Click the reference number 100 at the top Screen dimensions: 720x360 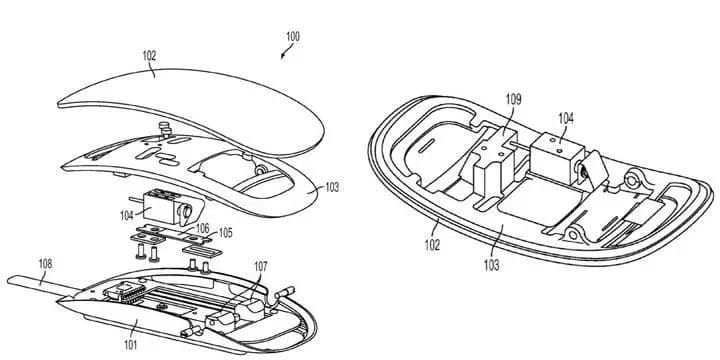click(292, 36)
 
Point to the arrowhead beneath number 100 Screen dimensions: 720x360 click(283, 56)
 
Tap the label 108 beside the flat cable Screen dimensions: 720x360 click(45, 264)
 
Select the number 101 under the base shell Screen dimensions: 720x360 click(130, 344)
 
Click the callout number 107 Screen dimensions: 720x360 click(260, 266)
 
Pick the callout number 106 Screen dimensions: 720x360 click(202, 228)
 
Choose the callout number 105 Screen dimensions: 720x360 click(225, 233)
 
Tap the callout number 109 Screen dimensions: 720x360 click(513, 99)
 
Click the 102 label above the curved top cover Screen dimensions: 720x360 click(149, 56)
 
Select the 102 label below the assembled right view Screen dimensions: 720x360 click(432, 245)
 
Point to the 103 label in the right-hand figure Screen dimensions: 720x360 click(491, 265)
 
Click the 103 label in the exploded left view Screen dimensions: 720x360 click(332, 187)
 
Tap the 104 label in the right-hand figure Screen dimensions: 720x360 click(566, 118)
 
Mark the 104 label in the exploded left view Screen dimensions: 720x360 click(127, 215)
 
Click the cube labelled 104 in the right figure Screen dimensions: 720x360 click(557, 152)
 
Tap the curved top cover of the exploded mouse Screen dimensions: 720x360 click(191, 110)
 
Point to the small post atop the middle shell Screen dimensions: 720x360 click(164, 128)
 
